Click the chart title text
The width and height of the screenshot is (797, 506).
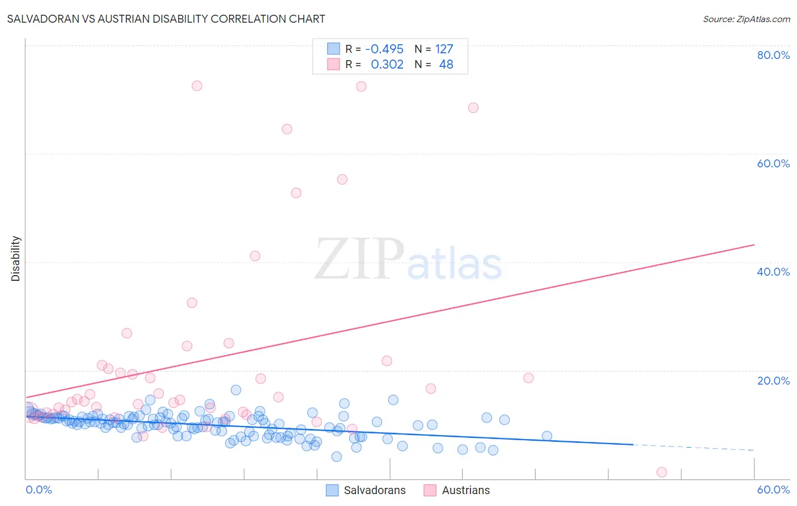[166, 19]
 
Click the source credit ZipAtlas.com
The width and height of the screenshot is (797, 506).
[746, 19]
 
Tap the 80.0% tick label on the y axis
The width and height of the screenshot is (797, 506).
[773, 55]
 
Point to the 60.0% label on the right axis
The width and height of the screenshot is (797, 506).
[773, 163]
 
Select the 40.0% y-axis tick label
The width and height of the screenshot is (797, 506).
[773, 272]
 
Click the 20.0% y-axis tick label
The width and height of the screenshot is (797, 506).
[773, 380]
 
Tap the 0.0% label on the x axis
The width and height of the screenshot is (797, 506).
[39, 490]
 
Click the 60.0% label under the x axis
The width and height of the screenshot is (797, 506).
[773, 490]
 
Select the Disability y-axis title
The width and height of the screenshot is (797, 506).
[16, 259]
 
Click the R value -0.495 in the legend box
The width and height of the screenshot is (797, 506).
[384, 49]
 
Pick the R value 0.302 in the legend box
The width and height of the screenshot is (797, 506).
[387, 64]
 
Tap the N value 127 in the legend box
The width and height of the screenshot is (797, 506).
[444, 49]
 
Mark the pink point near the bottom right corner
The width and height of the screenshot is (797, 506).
[662, 472]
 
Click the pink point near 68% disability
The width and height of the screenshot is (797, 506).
[473, 108]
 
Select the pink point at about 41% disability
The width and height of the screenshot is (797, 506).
[255, 256]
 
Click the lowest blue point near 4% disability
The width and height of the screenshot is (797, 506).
[336, 457]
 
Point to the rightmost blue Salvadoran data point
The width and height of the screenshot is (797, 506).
[547, 436]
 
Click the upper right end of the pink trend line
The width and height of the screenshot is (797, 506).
[754, 244]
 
